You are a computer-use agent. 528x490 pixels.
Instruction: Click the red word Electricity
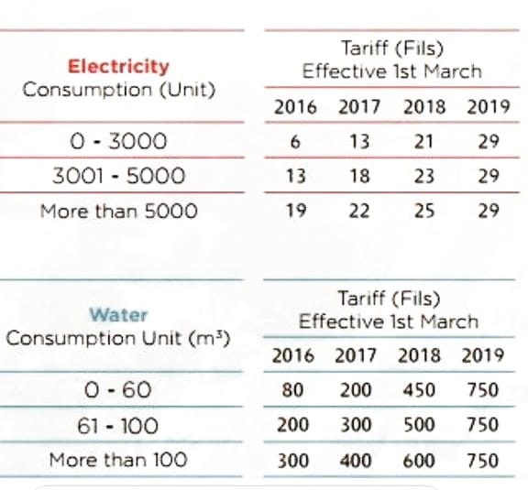(118, 66)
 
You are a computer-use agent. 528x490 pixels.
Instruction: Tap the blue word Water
(118, 315)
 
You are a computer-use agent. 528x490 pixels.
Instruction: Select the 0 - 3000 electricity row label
(118, 141)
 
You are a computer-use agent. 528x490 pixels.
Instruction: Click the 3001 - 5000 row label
(119, 176)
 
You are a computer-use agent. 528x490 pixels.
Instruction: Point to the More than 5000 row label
(118, 212)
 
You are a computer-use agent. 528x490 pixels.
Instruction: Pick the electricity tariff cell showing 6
(295, 141)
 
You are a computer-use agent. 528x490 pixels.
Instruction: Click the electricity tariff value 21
(423, 141)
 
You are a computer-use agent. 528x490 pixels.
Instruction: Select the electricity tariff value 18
(359, 176)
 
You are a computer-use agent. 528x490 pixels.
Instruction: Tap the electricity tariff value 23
(423, 176)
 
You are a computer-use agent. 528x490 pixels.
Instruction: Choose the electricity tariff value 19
(296, 211)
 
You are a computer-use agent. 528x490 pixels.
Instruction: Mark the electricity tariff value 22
(359, 211)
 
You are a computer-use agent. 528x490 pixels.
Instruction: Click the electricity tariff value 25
(423, 211)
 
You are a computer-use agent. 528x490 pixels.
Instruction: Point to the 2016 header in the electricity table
(295, 107)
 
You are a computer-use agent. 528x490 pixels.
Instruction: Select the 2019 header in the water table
(482, 355)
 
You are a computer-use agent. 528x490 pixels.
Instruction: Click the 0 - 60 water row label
(117, 390)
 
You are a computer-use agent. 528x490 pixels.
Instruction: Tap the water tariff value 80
(292, 390)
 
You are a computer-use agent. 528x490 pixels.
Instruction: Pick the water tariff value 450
(419, 390)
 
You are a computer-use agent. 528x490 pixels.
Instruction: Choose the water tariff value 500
(419, 425)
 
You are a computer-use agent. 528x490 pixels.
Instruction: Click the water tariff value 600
(419, 460)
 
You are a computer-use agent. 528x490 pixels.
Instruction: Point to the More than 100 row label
(118, 460)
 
